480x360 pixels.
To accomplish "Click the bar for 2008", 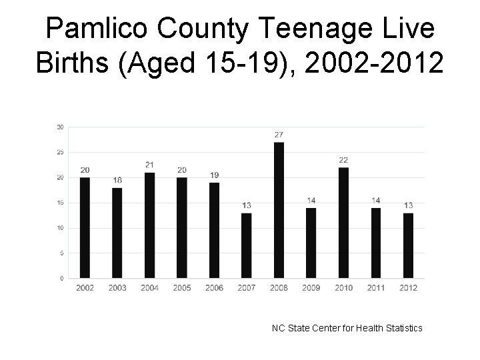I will [x=279, y=210].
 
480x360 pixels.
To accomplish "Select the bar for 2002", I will [x=85, y=227].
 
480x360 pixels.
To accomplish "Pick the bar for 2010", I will [x=343, y=223].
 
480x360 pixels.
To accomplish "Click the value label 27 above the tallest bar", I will [x=279, y=135].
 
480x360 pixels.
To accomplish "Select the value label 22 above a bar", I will [x=343, y=160].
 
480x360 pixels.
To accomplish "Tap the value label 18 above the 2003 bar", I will [x=117, y=180].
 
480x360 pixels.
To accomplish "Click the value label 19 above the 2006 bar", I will [x=214, y=175].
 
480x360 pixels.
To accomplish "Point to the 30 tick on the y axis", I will [x=61, y=127].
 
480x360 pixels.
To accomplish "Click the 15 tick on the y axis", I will [x=61, y=203].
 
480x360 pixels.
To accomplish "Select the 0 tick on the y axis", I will [x=62, y=278].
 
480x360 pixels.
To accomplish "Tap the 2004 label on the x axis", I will [x=149, y=288].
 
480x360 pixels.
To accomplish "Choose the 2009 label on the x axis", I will [x=311, y=288].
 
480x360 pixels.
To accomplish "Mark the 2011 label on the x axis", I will [x=376, y=288].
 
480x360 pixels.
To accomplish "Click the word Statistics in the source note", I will [x=401, y=327].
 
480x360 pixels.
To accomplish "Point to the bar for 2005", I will [x=182, y=227].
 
